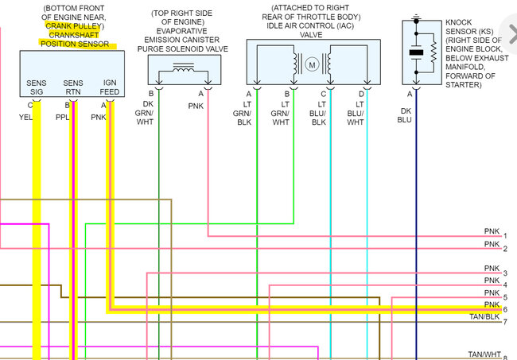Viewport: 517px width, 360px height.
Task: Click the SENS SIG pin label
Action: coord(37,87)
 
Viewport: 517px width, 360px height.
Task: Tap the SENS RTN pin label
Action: coord(72,87)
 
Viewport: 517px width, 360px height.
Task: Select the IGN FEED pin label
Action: coord(110,87)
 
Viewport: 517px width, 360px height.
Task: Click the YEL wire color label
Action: coord(26,117)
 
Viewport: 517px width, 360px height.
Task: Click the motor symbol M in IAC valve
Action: coord(313,64)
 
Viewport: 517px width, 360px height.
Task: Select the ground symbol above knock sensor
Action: coord(416,15)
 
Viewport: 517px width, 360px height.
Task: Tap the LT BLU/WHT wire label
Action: coord(356,116)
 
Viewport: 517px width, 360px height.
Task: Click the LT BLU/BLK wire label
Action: coord(319,116)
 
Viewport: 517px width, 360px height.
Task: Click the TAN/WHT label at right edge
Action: coord(484,354)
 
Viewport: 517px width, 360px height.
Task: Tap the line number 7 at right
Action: coord(505,321)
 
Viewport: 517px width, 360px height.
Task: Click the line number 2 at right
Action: coord(505,250)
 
